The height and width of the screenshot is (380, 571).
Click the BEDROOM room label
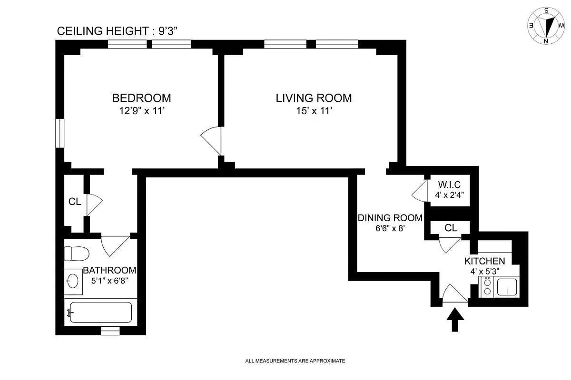141,98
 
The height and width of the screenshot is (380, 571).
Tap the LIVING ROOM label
314,98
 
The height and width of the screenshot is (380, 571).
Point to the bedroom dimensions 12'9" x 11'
142,111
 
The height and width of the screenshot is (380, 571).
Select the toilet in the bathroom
76,253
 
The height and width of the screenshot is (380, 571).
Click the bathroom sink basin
73,281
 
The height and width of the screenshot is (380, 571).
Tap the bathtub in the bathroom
101,312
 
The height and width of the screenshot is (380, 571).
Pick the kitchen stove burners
487,287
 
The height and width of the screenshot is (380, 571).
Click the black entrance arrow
455,320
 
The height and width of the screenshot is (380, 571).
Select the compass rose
546,26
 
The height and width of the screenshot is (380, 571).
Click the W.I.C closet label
449,184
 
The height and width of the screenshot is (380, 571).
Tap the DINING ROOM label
390,218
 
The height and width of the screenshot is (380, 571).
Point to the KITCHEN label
484,261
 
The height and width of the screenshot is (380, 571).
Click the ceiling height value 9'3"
167,31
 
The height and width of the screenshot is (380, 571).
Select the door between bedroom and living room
211,141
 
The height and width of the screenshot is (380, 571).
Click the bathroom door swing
116,246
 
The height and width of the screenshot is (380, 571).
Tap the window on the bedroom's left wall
60,133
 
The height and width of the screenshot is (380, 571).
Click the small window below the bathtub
110,331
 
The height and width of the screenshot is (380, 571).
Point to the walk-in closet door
419,191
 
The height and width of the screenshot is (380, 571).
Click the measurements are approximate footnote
295,361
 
